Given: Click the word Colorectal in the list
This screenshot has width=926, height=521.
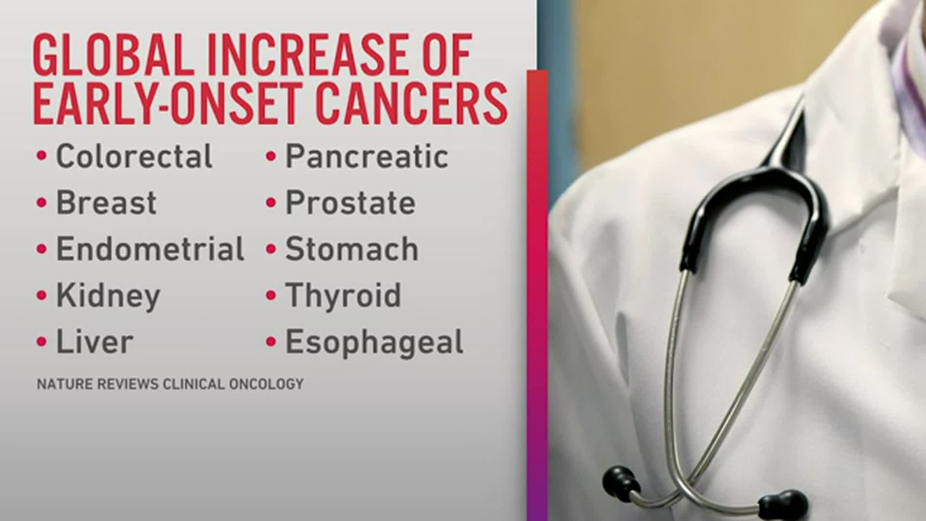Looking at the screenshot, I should [x=134, y=156].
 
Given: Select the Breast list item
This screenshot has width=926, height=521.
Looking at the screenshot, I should [x=106, y=203].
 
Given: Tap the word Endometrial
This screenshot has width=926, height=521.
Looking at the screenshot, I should [x=150, y=249].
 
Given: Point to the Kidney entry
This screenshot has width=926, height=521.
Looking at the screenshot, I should [x=108, y=296].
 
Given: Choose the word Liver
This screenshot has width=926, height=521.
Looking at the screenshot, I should [x=95, y=342].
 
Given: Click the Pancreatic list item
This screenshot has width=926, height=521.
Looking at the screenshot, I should [x=367, y=156].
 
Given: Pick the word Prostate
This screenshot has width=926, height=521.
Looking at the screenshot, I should [x=350, y=203].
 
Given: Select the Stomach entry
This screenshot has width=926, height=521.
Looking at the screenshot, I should [x=352, y=249].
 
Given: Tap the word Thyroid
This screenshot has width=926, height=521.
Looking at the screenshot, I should [x=343, y=295].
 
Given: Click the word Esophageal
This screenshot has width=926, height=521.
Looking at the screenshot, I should [x=374, y=343].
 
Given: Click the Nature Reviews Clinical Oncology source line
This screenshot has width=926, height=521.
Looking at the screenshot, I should [x=170, y=384].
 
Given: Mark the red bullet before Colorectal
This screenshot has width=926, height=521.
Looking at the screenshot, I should [x=42, y=156].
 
